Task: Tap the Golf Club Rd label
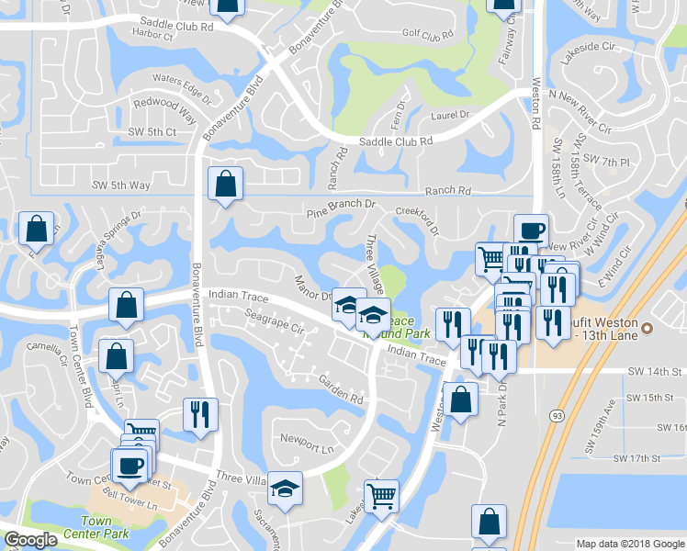pos(428,36)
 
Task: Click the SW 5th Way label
pos(120,185)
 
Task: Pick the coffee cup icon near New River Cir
pos(530,230)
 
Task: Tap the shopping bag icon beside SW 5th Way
pos(225,185)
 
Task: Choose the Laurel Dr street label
pos(450,116)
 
